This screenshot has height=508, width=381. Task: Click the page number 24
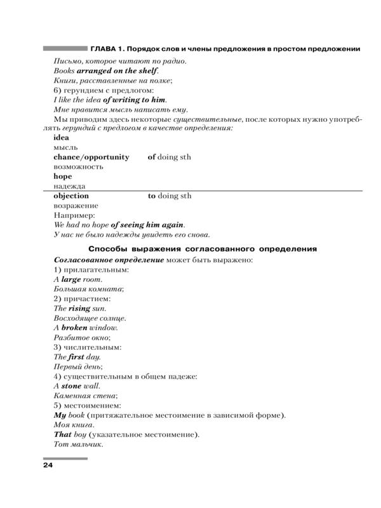(48, 466)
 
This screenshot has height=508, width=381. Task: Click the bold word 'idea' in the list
(62, 137)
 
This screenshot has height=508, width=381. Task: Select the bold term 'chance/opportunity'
(91, 157)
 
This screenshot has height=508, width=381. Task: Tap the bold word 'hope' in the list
(63, 177)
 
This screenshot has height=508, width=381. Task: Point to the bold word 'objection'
(71, 196)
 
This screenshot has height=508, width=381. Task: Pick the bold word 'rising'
(80, 308)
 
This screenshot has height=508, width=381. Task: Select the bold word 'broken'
(74, 328)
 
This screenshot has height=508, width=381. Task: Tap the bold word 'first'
(77, 357)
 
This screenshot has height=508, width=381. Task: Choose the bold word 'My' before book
(60, 415)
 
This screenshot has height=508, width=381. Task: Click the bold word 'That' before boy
(63, 435)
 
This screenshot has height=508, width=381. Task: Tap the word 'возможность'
(77, 166)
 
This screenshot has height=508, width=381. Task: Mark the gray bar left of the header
(64, 48)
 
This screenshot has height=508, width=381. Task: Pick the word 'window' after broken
(104, 328)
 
